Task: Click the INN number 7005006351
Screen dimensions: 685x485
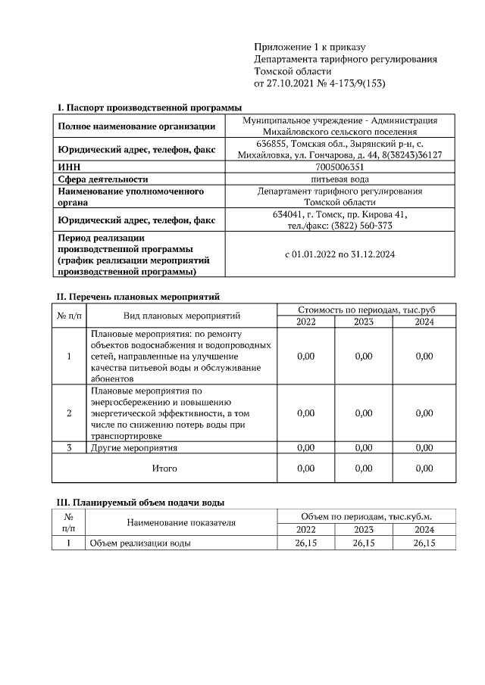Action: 339,167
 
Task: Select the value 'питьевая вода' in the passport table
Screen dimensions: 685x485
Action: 339,179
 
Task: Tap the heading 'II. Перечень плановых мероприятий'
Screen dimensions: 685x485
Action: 139,296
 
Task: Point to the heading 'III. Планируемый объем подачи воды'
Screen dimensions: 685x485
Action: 141,502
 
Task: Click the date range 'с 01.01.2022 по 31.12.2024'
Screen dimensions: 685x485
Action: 339,254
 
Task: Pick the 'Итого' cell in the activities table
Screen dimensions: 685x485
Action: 164,469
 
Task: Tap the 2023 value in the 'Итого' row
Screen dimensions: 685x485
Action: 364,469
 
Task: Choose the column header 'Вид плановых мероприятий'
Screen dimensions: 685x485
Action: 182,316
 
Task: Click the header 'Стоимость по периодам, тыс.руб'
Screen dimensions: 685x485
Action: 366,310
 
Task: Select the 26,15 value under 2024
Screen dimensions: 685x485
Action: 424,543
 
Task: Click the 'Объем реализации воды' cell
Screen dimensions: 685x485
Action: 140,543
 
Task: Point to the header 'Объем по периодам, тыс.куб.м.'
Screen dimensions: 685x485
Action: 366,516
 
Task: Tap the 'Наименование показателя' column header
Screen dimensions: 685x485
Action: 181,522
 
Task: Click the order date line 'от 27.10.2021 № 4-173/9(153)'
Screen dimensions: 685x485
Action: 320,83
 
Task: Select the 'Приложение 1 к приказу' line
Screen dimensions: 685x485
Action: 301,47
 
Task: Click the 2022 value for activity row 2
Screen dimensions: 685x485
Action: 305,413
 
